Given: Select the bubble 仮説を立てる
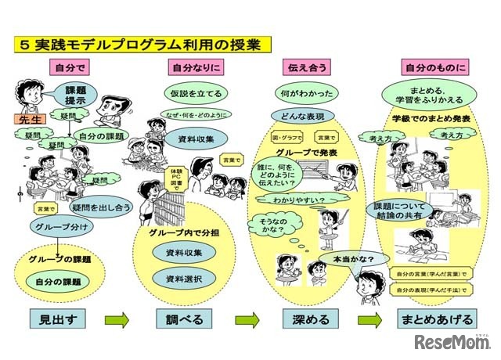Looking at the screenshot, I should [197, 94].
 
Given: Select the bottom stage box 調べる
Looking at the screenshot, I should [186, 319].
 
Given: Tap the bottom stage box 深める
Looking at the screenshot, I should [308, 319].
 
